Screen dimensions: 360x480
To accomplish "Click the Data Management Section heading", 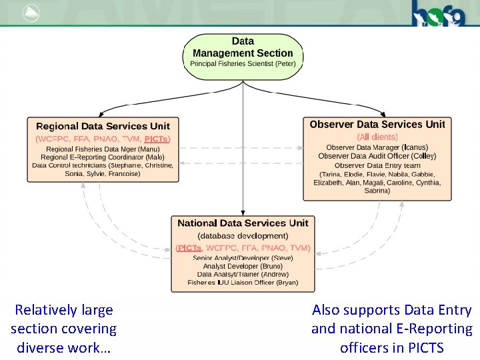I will pos(243,47).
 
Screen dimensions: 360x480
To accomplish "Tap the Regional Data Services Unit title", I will pos(103,126).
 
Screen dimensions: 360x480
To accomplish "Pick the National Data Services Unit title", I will pos(243,223).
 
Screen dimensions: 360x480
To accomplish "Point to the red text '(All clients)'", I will pos(377,137).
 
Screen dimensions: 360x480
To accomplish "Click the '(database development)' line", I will pos(243,235).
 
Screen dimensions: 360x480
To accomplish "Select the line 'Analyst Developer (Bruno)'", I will pos(243,266).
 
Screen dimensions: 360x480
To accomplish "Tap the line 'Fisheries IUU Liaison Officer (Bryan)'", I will pos(243,283).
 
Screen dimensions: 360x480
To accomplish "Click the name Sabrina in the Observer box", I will pos(377,191).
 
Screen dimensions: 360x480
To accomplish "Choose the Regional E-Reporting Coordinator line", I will pos(103,157).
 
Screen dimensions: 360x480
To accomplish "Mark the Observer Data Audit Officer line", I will pos(377,156).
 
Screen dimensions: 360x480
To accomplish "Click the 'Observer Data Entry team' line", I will pos(377,165).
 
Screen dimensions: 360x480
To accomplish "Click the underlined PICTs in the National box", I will pos(190,248).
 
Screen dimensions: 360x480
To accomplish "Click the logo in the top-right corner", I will pos(436,13).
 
